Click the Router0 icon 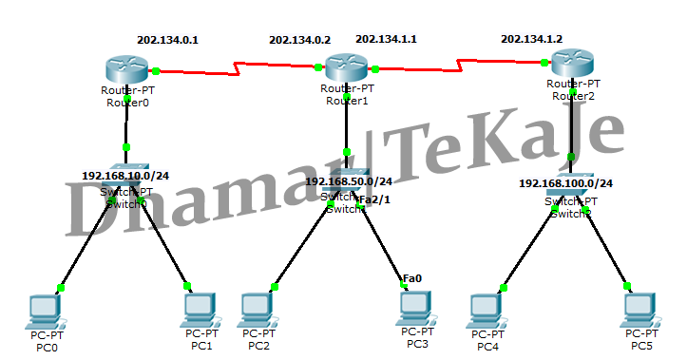coord(127,69)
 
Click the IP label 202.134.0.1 coord(168,40)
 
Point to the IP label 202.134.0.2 coord(299,40)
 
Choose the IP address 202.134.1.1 coord(386,40)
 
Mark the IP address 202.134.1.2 coord(531,39)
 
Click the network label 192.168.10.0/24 coord(125,176)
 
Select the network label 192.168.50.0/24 coord(348,180)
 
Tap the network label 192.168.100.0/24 coord(566,182)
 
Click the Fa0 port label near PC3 coord(412,278)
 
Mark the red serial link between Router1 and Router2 coord(462,64)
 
